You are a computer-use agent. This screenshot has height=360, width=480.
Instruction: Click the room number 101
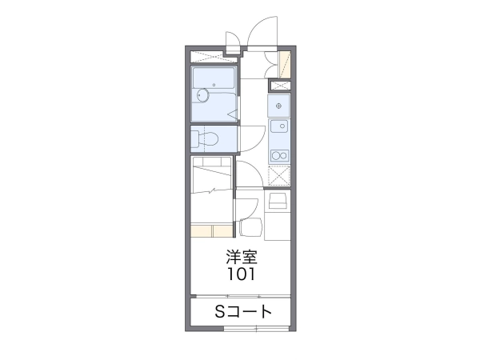click(241, 274)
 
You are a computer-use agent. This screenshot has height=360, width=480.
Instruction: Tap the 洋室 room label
click(242, 257)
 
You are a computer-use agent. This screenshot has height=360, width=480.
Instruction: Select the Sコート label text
click(243, 312)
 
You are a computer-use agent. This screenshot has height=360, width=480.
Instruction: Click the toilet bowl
click(208, 139)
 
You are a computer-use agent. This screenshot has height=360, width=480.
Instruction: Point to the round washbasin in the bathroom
click(202, 95)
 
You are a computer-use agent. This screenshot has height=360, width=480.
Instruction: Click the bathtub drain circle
click(214, 85)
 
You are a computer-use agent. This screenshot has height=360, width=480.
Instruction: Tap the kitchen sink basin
click(279, 126)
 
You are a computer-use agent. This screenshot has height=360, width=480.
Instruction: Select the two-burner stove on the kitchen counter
click(279, 155)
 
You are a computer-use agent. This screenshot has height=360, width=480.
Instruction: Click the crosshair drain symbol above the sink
click(278, 106)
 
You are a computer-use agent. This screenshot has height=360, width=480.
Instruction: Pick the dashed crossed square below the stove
click(278, 176)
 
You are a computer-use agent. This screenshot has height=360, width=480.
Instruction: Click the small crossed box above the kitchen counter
click(280, 86)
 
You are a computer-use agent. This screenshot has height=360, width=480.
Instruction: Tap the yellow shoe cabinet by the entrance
click(284, 64)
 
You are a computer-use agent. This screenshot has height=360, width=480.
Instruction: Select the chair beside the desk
click(250, 227)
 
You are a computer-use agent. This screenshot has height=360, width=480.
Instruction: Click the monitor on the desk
click(278, 201)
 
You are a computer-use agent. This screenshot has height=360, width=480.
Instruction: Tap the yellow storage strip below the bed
click(211, 231)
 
